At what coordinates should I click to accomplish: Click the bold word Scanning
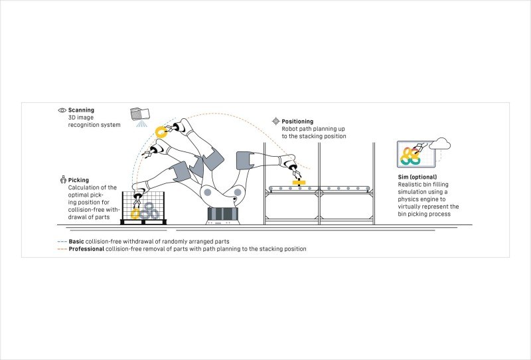[x=81, y=109]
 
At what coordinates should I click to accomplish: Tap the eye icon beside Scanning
[x=62, y=109]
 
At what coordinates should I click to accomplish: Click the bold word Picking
[x=78, y=179]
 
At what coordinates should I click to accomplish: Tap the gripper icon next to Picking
[x=62, y=179]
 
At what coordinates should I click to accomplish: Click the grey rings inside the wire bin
[x=150, y=211]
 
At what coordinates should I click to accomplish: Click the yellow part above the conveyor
[x=298, y=181]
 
